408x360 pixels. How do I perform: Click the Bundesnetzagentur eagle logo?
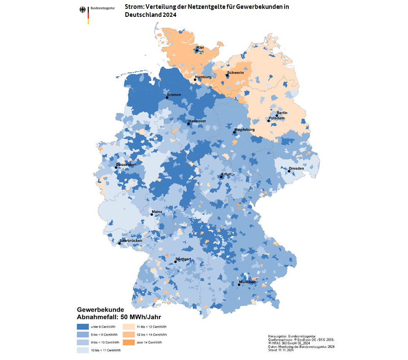click(82, 10)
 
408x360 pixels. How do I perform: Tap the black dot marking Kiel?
click(197, 51)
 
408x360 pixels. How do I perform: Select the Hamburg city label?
click(203, 77)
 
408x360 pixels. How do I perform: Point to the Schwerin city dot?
click(227, 76)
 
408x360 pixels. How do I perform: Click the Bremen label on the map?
click(174, 95)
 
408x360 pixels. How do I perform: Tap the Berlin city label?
click(282, 113)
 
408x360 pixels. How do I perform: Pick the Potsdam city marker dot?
click(268, 121)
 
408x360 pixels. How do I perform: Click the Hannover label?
click(197, 121)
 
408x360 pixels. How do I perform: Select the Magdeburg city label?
click(244, 130)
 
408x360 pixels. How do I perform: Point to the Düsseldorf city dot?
click(116, 168)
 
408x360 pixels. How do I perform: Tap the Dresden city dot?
click(289, 171)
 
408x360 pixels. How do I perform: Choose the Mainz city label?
click(157, 212)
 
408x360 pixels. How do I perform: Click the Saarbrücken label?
click(131, 240)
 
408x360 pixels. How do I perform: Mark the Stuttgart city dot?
click(175, 262)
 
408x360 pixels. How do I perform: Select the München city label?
click(247, 282)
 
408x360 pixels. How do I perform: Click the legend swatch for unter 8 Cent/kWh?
click(83, 326)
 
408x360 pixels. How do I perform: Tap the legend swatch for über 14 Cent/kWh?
click(129, 342)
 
